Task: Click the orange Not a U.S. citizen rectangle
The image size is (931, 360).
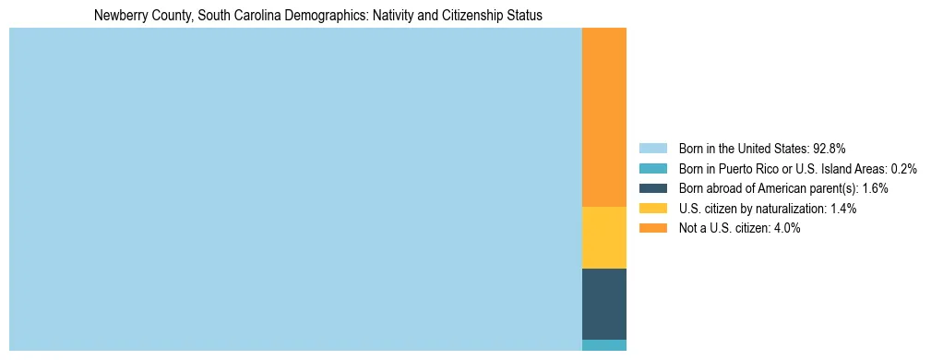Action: click(x=603, y=117)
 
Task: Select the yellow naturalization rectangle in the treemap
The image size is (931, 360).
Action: click(x=603, y=237)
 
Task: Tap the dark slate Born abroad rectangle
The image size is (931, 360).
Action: click(x=603, y=304)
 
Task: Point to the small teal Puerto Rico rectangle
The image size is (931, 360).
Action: click(x=603, y=345)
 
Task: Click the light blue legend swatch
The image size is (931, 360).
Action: click(x=652, y=148)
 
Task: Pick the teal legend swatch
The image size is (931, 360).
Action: click(x=652, y=168)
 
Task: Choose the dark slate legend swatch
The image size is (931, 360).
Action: click(x=652, y=188)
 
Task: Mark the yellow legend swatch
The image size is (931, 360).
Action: click(x=652, y=209)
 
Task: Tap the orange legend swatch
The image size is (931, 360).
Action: click(x=652, y=228)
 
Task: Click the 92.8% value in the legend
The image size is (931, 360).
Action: click(x=829, y=148)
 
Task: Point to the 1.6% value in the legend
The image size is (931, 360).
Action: click(x=875, y=188)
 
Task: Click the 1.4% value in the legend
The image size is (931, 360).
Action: click(x=842, y=209)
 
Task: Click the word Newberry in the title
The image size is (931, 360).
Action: click(x=119, y=16)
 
